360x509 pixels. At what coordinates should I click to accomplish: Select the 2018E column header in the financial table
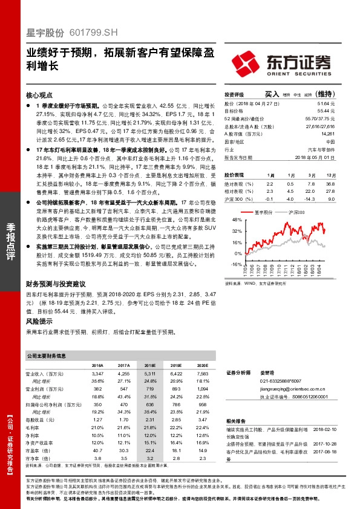pyautogui.click(x=149, y=366)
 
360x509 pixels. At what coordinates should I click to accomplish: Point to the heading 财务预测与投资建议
pyautogui.click(x=57, y=284)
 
